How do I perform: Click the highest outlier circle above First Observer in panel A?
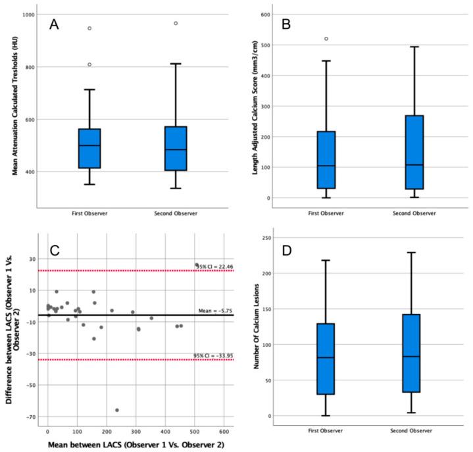tap(89, 28)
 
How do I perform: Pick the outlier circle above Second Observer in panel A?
tap(175, 23)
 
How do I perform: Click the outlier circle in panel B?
tap(326, 39)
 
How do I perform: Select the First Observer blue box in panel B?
tap(326, 160)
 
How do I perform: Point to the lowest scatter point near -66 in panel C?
tap(117, 410)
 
